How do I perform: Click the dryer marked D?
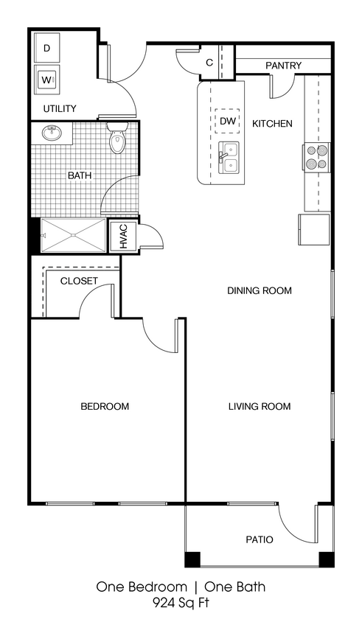pyautogui.click(x=46, y=48)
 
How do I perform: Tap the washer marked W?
pyautogui.click(x=46, y=79)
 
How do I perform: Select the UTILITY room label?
pyautogui.click(x=60, y=109)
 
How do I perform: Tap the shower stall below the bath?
pyautogui.click(x=73, y=236)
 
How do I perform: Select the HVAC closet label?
pyautogui.click(x=123, y=236)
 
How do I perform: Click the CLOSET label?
pyautogui.click(x=79, y=281)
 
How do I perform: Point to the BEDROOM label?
pyautogui.click(x=105, y=406)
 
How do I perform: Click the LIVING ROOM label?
pyautogui.click(x=259, y=406)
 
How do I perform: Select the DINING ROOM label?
pyautogui.click(x=259, y=290)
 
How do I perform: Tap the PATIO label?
pyautogui.click(x=259, y=539)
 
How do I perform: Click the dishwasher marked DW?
pyautogui.click(x=226, y=121)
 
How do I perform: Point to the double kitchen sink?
pyautogui.click(x=230, y=156)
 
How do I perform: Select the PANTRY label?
pyautogui.click(x=283, y=66)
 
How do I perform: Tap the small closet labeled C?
pyautogui.click(x=209, y=63)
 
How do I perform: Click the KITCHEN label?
pyautogui.click(x=272, y=124)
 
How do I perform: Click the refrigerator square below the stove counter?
pyautogui.click(x=313, y=229)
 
